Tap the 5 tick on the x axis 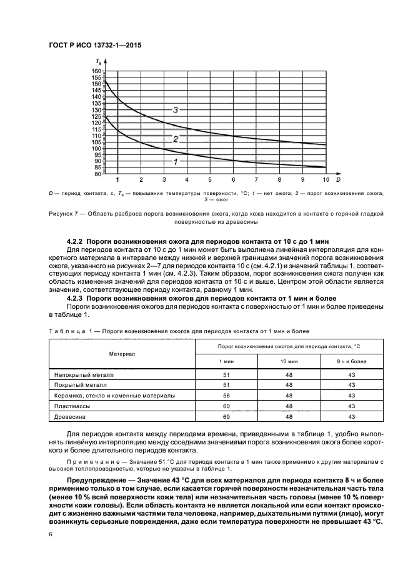pyautogui.click(x=210, y=179)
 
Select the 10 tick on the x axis pyautogui.click(x=326, y=179)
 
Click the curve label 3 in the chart pyautogui.click(x=176, y=110)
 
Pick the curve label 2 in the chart pyautogui.click(x=176, y=139)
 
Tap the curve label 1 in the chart pyautogui.click(x=176, y=161)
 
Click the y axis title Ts pyautogui.click(x=100, y=61)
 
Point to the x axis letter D pyautogui.click(x=337, y=179)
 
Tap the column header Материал pyautogui.click(x=122, y=354)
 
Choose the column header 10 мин pyautogui.click(x=289, y=362)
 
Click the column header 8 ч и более pyautogui.click(x=352, y=362)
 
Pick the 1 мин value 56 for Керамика pyautogui.click(x=226, y=396)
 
